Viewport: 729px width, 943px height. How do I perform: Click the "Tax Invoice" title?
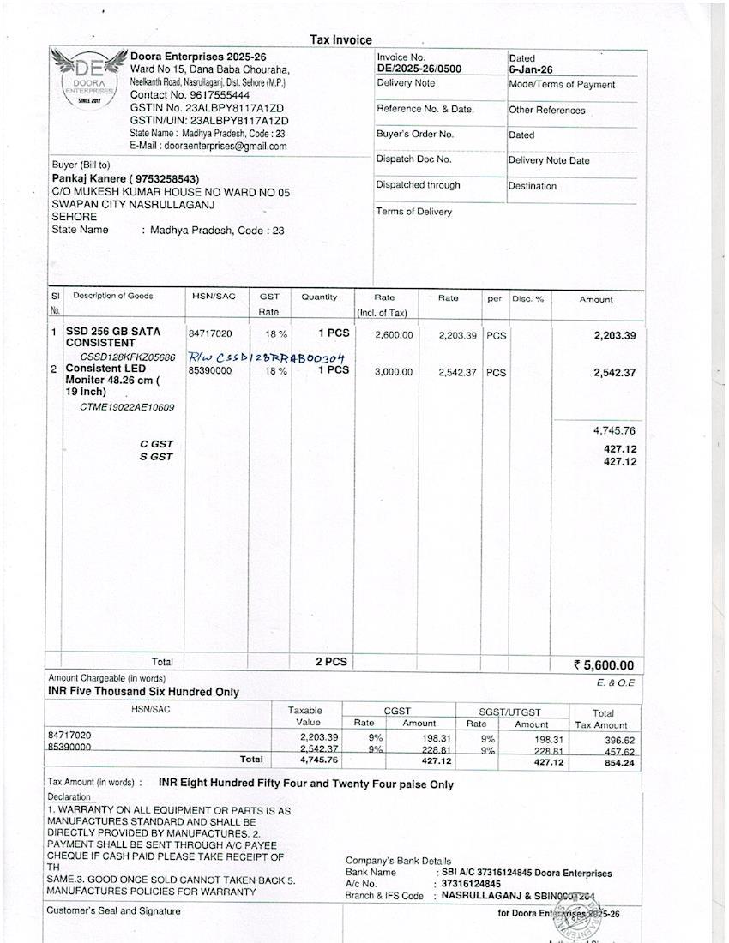click(340, 39)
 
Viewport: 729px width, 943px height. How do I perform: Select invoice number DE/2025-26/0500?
click(419, 69)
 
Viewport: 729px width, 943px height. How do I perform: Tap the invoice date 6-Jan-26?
click(530, 70)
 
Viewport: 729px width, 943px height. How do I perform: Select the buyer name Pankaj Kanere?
click(90, 178)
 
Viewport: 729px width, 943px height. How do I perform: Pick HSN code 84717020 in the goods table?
click(210, 333)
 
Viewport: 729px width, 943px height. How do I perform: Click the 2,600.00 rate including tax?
click(394, 335)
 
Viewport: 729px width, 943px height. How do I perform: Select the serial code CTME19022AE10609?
click(127, 407)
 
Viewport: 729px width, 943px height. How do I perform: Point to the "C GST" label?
click(156, 444)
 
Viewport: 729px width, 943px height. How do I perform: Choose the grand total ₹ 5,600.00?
click(604, 665)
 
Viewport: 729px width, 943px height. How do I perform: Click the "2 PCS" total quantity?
click(331, 662)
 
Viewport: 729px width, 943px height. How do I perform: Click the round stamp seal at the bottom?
click(579, 913)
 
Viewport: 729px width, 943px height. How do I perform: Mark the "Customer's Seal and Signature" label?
click(115, 910)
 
